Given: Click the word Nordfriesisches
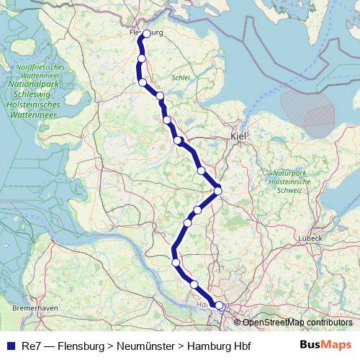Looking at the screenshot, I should pyautogui.click(x=40, y=67).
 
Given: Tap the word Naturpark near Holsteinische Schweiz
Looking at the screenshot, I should pyautogui.click(x=289, y=173).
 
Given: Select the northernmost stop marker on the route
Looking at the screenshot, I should pyautogui.click(x=146, y=34).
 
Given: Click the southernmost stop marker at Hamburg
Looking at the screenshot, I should pyautogui.click(x=220, y=305).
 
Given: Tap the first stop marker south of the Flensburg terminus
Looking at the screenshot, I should pyautogui.click(x=142, y=58).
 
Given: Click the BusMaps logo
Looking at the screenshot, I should pyautogui.click(x=325, y=346).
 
